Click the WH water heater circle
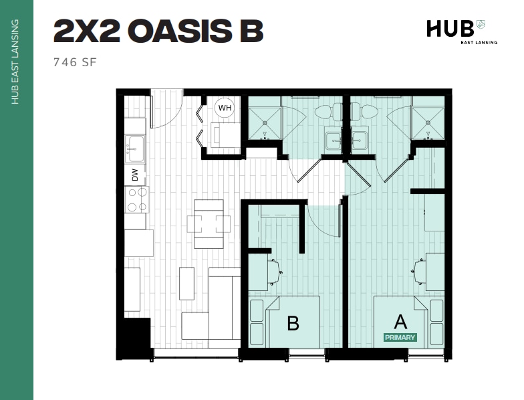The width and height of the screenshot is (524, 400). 225,107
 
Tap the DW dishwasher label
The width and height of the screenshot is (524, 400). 134,175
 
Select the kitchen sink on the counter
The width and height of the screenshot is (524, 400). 135,148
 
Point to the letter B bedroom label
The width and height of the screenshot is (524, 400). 293,324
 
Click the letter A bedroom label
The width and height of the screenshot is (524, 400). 400,321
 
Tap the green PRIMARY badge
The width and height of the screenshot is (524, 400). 400,338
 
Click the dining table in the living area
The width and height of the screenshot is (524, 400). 209,223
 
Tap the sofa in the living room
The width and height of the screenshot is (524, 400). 223,304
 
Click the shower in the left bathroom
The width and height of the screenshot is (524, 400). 265,123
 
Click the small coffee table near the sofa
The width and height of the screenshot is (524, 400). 187,283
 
